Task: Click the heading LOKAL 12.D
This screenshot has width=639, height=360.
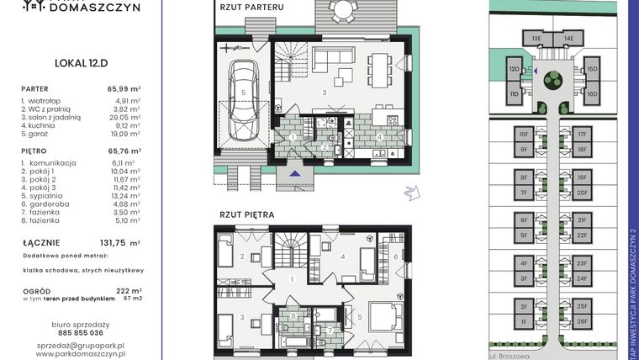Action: (80, 62)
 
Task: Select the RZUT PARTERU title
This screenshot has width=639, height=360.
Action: (251, 8)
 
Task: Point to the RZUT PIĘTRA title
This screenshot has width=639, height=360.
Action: (247, 214)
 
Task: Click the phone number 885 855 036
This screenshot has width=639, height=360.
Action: (80, 333)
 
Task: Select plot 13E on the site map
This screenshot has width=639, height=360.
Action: (536, 38)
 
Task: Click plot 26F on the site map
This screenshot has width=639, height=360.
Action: (581, 321)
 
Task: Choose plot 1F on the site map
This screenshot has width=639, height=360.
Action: (523, 321)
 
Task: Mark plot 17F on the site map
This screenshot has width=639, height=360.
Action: (581, 134)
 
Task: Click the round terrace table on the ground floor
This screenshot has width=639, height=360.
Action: (341, 10)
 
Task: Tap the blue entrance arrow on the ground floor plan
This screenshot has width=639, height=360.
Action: (293, 173)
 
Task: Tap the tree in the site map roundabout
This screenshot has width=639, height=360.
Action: (552, 81)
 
